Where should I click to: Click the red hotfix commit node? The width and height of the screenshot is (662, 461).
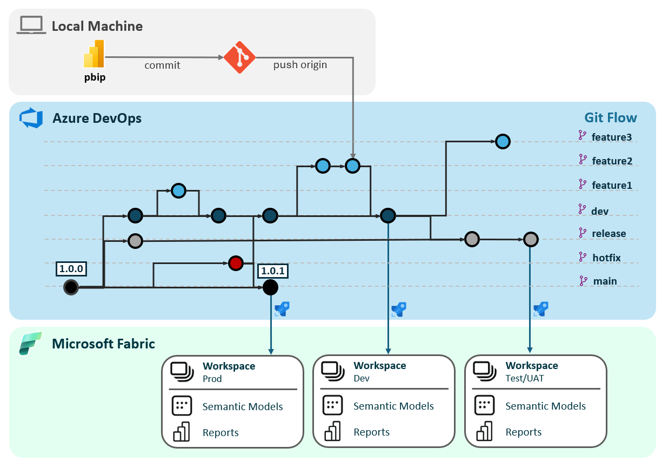pyautogui.click(x=236, y=264)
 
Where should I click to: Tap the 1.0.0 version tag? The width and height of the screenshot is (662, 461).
pyautogui.click(x=71, y=268)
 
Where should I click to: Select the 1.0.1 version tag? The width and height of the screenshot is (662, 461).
pyautogui.click(x=273, y=271)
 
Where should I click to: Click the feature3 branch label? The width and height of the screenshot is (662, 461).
pyautogui.click(x=611, y=137)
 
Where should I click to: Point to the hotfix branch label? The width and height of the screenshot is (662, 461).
pyautogui.click(x=606, y=258)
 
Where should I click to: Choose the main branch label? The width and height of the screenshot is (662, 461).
pyautogui.click(x=605, y=281)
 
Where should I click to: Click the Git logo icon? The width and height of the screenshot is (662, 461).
pyautogui.click(x=239, y=57)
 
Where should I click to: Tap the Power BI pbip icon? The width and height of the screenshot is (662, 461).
pyautogui.click(x=94, y=57)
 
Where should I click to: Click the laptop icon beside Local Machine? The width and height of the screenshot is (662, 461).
pyautogui.click(x=31, y=25)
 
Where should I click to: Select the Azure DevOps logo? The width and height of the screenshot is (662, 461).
pyautogui.click(x=31, y=118)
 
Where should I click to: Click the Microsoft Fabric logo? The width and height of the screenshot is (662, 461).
pyautogui.click(x=31, y=344)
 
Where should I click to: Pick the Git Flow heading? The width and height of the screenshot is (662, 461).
pyautogui.click(x=610, y=118)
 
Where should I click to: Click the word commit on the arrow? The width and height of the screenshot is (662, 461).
pyautogui.click(x=162, y=65)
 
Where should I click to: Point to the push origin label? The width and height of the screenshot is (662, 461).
pyautogui.click(x=300, y=65)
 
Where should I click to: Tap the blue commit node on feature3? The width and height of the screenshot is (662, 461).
pyautogui.click(x=503, y=142)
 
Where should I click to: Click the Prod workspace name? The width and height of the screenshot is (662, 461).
pyautogui.click(x=212, y=379)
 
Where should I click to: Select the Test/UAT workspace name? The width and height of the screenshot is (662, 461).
pyautogui.click(x=524, y=378)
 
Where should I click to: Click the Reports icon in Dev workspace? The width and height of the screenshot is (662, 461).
pyautogui.click(x=332, y=432)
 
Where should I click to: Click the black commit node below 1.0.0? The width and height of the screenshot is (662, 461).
pyautogui.click(x=71, y=287)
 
